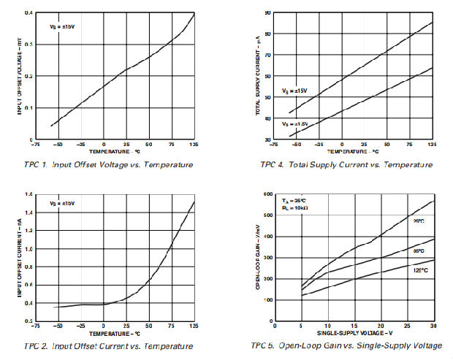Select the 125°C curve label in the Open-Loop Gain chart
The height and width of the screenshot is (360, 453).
coord(419,269)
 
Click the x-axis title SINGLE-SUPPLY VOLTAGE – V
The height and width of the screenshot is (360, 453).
coord(354,333)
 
